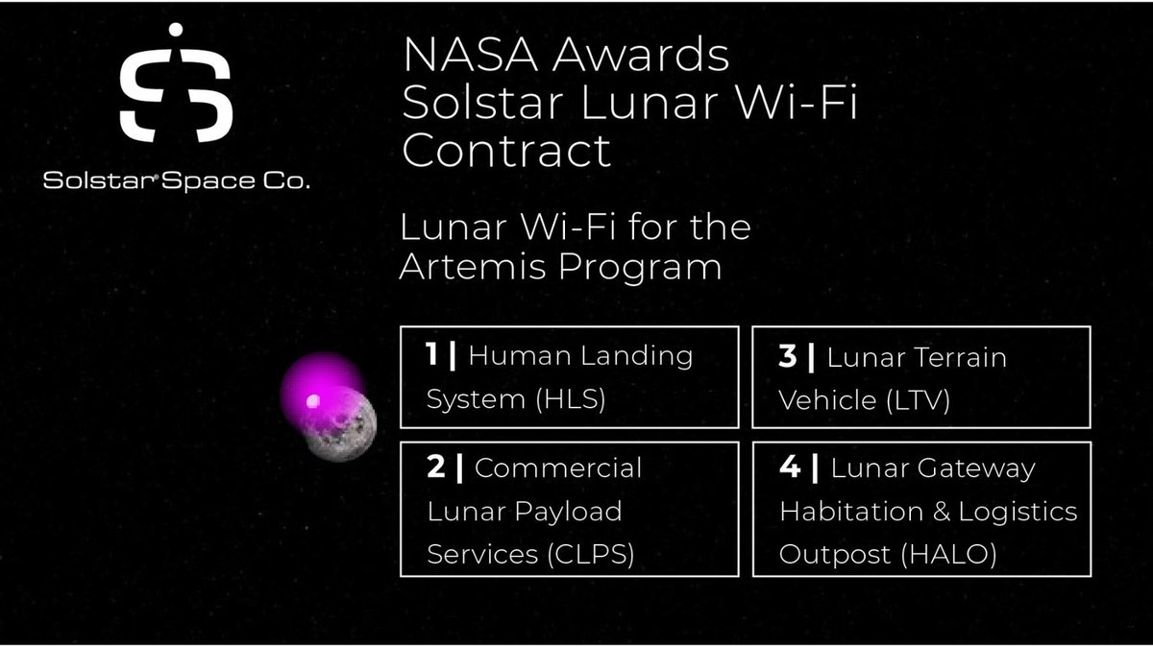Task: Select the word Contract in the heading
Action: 506,151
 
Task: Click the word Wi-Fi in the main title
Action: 810,104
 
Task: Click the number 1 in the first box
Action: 433,356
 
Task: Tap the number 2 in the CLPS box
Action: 435,468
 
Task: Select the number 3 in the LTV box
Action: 788,357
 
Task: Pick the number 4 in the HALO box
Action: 788,468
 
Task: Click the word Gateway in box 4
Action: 985,468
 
